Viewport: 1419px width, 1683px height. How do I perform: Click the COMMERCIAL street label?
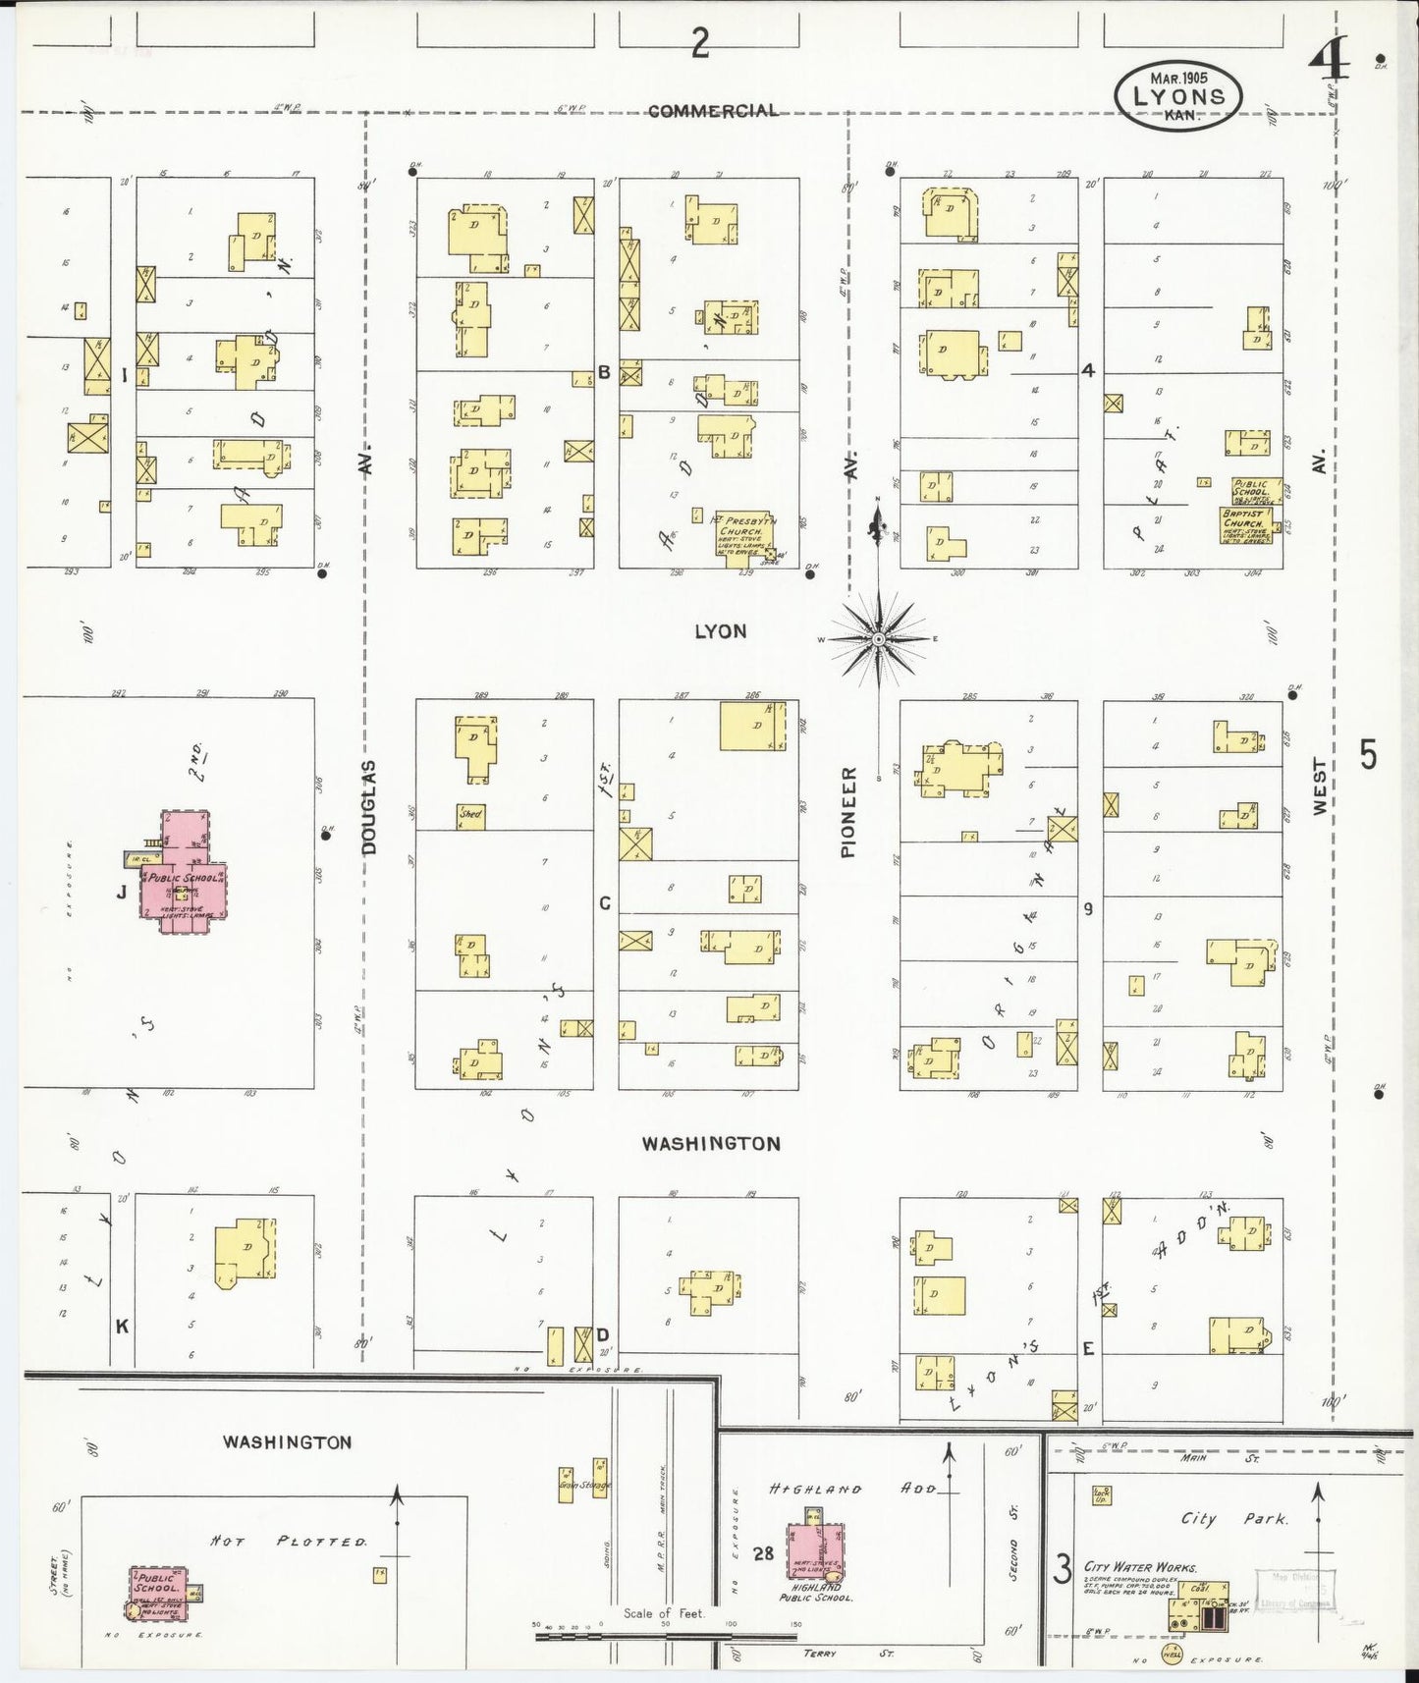(x=713, y=111)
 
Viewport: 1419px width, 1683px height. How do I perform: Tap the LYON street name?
(x=720, y=631)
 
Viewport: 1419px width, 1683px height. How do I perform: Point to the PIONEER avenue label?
(x=849, y=812)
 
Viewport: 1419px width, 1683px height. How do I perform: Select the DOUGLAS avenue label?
(x=369, y=806)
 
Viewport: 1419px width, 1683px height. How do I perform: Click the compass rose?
(x=878, y=639)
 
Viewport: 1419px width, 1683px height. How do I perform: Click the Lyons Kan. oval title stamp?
(x=1178, y=96)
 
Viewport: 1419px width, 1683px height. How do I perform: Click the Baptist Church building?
(x=1244, y=523)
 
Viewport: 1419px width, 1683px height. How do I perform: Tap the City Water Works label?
(x=1139, y=1568)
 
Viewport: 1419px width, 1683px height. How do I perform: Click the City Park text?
(x=1233, y=1519)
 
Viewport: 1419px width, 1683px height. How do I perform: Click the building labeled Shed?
(x=471, y=815)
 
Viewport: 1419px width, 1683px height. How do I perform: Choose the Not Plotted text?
(x=289, y=1543)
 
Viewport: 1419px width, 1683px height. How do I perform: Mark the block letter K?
(x=122, y=1327)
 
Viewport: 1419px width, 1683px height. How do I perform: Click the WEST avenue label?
(x=1319, y=786)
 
